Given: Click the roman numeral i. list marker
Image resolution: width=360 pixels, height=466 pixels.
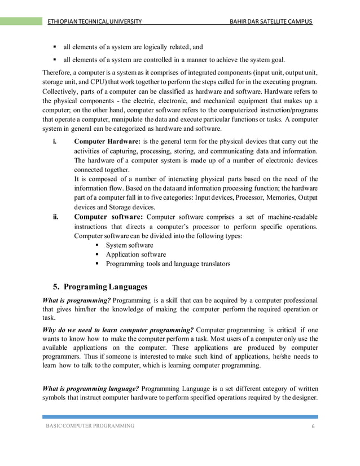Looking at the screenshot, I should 54,141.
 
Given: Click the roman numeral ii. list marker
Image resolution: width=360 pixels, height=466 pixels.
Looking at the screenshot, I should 55,217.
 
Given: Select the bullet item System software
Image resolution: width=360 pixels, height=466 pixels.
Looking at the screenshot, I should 129,245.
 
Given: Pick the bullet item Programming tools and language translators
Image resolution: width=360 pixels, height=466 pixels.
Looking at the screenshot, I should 168,263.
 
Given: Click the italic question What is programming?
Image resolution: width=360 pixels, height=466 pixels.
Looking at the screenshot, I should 76,300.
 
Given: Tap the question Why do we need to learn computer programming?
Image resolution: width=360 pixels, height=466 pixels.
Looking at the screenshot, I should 118,329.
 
